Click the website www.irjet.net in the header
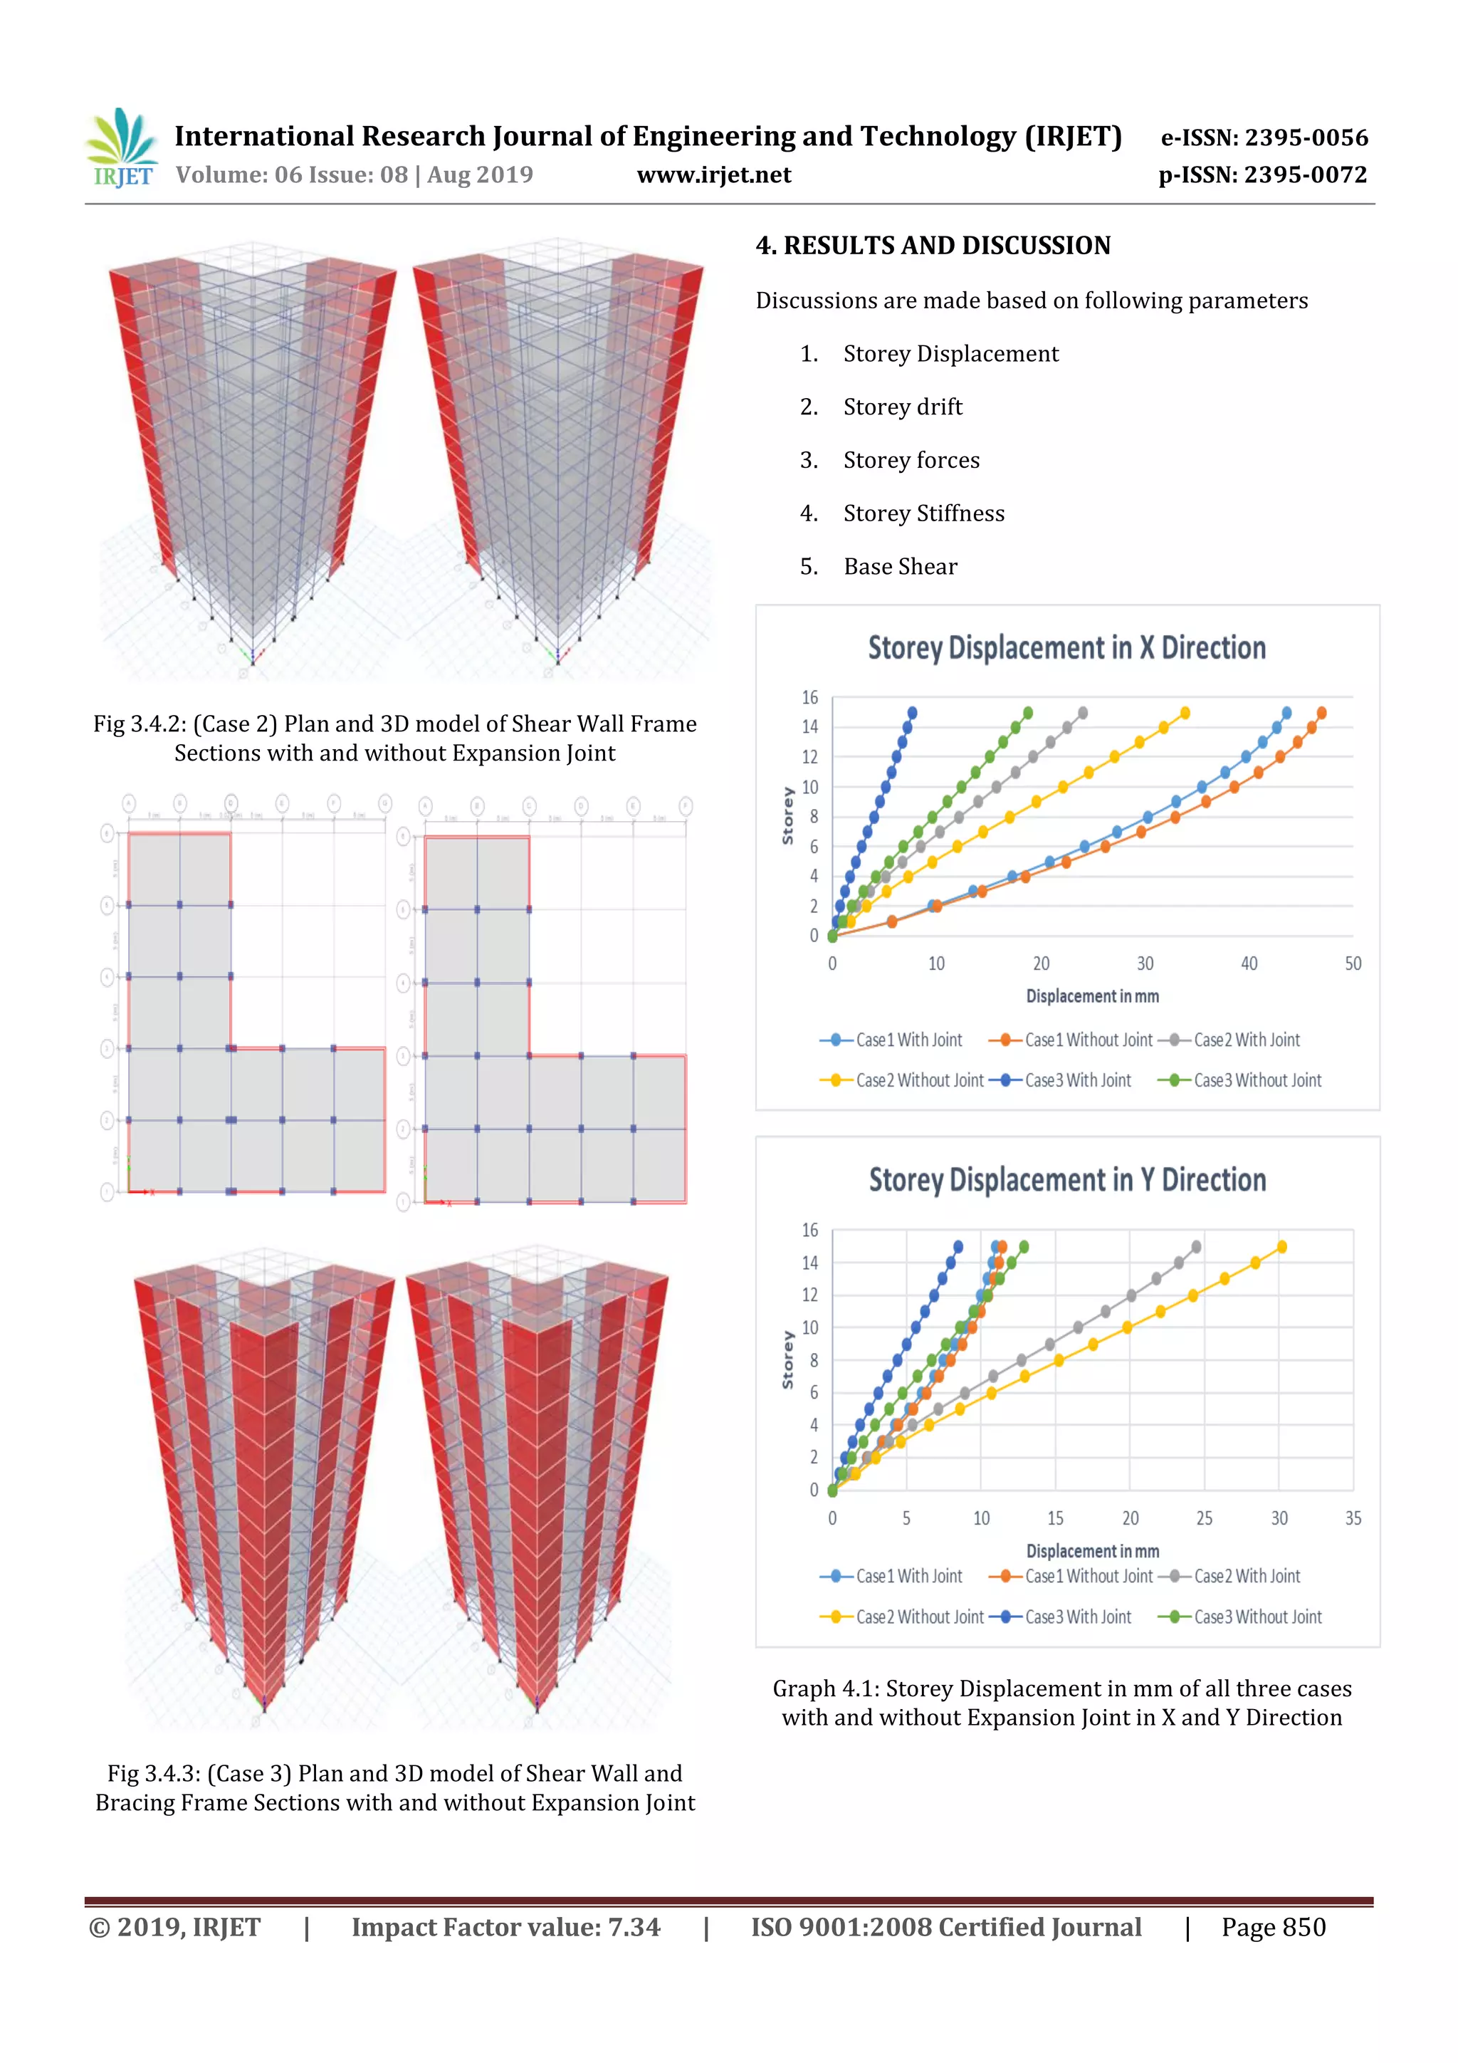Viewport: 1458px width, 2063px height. (713, 174)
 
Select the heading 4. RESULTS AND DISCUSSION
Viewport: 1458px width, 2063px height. (933, 245)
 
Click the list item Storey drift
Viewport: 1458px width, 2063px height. (902, 407)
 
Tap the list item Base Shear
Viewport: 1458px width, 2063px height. (900, 566)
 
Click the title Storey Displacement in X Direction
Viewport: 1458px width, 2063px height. (1066, 648)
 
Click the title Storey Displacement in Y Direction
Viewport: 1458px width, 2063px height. (1067, 1180)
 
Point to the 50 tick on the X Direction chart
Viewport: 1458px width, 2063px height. (1352, 964)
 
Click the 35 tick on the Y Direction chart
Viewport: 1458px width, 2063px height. (1352, 1518)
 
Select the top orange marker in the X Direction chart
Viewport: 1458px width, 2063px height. (1321, 713)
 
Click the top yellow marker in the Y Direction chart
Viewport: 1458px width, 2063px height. (1281, 1246)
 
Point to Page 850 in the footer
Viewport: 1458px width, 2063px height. (1273, 1927)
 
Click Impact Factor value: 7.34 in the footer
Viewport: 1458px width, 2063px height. (505, 1927)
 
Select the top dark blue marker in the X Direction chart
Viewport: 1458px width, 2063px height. (912, 713)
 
